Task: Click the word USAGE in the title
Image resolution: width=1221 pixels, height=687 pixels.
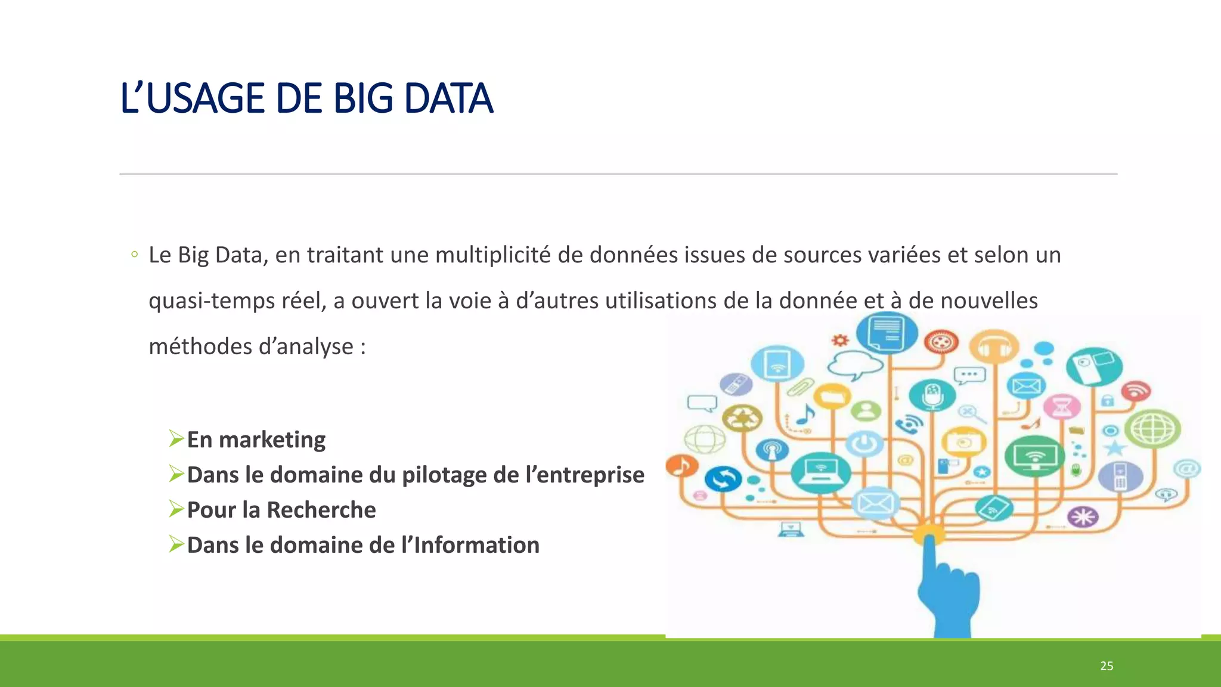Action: pos(204,99)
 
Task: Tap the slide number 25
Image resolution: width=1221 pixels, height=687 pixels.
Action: pos(1107,666)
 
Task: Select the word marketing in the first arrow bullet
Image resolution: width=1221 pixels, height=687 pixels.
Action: pos(272,440)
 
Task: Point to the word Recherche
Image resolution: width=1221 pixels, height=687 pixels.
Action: pos(321,510)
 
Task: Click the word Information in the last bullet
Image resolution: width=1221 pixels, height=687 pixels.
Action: pos(476,546)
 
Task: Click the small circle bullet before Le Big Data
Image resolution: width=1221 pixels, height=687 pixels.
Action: pos(135,255)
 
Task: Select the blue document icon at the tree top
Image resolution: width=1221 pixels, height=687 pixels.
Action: pos(887,333)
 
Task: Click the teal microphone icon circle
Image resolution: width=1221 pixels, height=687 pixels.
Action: pos(932,395)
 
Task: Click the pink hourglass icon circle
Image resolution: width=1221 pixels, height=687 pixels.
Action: pos(1062,407)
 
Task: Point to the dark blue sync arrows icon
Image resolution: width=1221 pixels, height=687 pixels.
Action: pos(723,478)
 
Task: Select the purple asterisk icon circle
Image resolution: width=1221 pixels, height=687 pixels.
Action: pos(1083,516)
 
